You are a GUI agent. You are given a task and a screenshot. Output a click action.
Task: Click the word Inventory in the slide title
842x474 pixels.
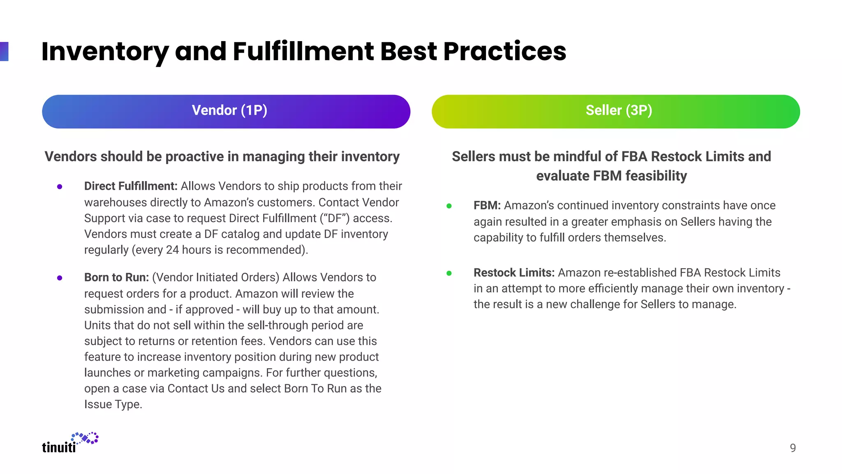point(105,52)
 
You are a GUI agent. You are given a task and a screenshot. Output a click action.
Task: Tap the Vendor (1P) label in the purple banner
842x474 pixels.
point(229,110)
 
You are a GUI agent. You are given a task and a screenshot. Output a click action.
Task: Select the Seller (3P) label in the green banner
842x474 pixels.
point(619,110)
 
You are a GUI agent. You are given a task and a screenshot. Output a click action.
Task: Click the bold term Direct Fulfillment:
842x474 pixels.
point(131,186)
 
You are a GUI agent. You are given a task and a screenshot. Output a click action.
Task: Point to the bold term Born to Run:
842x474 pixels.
point(116,277)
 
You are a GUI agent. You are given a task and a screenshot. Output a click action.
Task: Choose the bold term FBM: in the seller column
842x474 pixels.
point(487,205)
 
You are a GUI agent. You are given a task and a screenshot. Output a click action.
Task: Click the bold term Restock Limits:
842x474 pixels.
point(514,272)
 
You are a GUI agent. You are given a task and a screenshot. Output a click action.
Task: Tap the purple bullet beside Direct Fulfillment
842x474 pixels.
point(60,187)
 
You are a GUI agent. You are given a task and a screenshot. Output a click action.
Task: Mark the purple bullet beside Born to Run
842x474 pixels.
point(60,278)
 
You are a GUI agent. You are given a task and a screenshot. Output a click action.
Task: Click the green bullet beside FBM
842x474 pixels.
point(449,206)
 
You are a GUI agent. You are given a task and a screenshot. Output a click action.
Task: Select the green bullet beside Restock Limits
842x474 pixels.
point(449,273)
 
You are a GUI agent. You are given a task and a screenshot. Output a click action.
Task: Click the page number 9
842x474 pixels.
point(793,448)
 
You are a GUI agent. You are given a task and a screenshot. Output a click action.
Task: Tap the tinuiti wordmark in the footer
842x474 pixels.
point(59,447)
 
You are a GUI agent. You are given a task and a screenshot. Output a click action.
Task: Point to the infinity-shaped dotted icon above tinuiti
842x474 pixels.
point(85,438)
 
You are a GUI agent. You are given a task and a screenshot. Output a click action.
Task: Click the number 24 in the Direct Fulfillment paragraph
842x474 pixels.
point(172,250)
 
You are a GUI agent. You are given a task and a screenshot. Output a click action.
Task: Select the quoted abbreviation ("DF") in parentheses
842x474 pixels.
point(335,218)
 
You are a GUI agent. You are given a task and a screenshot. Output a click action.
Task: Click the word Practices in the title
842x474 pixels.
point(504,52)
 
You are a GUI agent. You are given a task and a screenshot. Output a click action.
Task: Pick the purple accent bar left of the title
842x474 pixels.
point(4,51)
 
